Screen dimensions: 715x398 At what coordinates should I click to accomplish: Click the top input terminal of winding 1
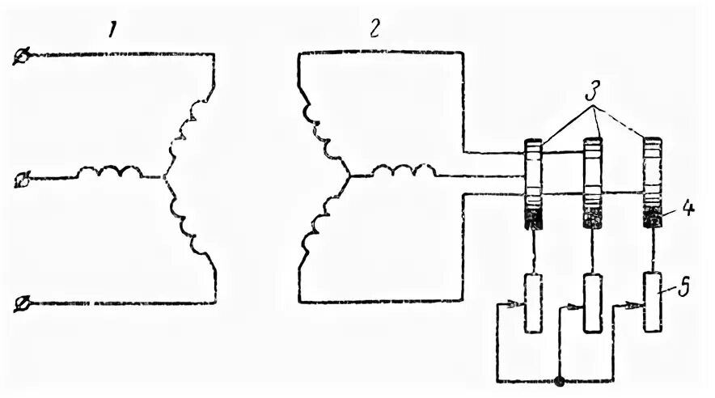(x=23, y=55)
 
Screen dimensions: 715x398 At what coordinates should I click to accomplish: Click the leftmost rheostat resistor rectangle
(x=533, y=302)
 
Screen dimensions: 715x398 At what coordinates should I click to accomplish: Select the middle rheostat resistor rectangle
(x=594, y=303)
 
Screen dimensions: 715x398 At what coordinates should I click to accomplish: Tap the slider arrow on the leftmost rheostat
(x=514, y=306)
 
